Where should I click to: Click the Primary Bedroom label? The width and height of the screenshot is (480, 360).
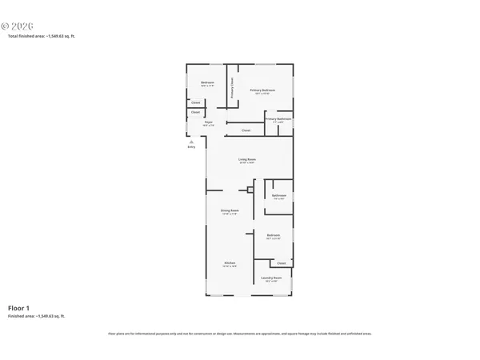(262, 90)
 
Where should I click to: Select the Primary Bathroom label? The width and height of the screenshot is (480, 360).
(278, 119)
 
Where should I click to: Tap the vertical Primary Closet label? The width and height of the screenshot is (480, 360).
(232, 86)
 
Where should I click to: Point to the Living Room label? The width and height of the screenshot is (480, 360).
(246, 160)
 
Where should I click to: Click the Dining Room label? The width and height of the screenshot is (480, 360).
(230, 210)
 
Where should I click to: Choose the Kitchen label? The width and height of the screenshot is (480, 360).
(229, 263)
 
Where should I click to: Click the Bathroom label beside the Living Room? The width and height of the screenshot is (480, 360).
(278, 196)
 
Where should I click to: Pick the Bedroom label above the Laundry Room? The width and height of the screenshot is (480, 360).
(274, 235)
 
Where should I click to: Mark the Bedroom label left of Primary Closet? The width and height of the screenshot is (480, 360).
(206, 82)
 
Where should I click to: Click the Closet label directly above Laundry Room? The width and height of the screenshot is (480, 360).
(281, 263)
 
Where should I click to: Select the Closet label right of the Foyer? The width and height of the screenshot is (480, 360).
(246, 130)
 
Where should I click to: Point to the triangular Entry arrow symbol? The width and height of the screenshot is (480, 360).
(191, 142)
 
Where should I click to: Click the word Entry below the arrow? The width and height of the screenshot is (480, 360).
(191, 147)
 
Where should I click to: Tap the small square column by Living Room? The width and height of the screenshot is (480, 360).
(250, 190)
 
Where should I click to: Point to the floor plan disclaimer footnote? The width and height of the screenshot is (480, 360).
(239, 334)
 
